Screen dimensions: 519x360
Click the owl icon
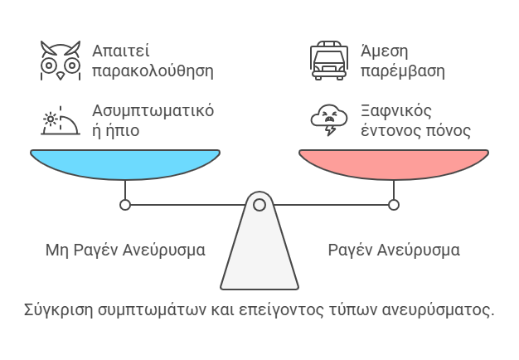pyautogui.click(x=61, y=60)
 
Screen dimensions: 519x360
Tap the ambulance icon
pyautogui.click(x=328, y=60)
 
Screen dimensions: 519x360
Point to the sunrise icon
pyautogui.click(x=61, y=121)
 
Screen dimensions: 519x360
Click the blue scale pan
pyautogui.click(x=125, y=163)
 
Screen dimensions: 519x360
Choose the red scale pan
pyautogui.click(x=393, y=163)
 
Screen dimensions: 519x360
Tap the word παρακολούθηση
pyautogui.click(x=153, y=71)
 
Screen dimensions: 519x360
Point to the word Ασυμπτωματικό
pyautogui.click(x=154, y=111)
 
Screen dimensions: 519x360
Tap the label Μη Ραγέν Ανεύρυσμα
pyautogui.click(x=125, y=250)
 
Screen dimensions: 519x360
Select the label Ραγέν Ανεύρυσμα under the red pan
pyautogui.click(x=394, y=250)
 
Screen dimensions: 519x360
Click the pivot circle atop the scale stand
pyautogui.click(x=259, y=204)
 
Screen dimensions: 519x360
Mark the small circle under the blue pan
pyautogui.click(x=125, y=204)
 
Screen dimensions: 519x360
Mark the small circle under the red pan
pyautogui.click(x=394, y=204)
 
